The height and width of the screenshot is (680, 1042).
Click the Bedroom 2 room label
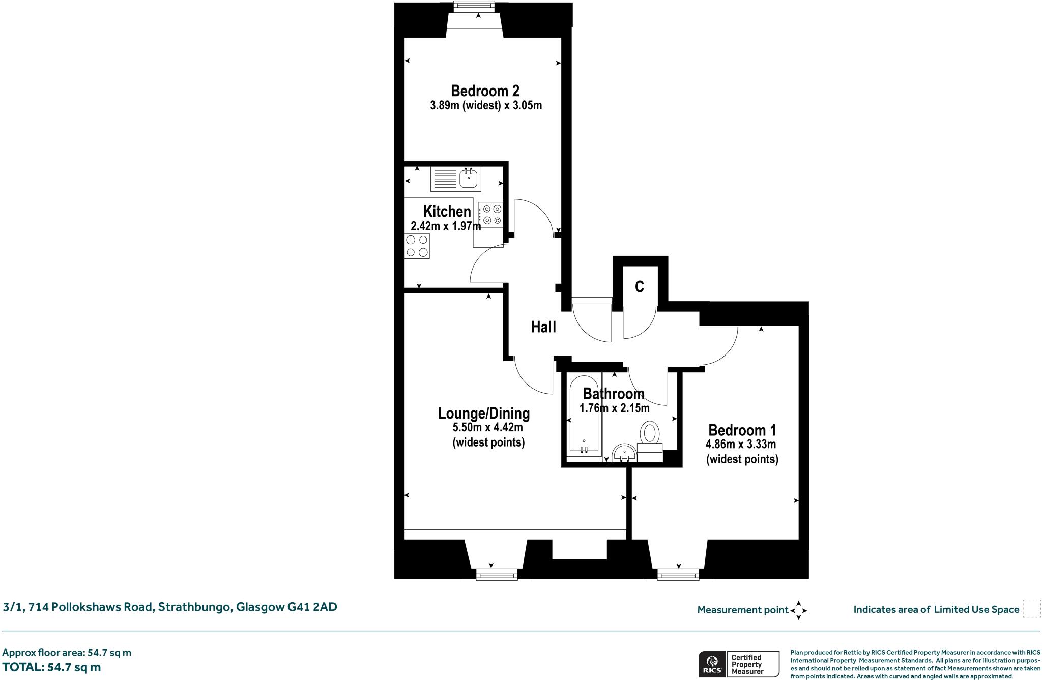pos(485,91)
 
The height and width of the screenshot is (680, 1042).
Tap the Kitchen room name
pos(447,211)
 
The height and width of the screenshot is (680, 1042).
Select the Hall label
pos(543,327)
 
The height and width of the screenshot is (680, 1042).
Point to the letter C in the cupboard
pos(640,287)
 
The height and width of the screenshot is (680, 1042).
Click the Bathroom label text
pos(614,394)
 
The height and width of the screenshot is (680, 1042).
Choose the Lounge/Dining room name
pos(484,413)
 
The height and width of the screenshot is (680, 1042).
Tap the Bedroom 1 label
pos(742,430)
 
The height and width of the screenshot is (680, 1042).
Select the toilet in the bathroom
pos(650,433)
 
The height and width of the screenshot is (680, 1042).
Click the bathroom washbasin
pos(624,453)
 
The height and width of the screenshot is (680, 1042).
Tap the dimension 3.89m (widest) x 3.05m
pos(486,106)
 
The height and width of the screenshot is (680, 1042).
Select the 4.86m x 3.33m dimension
pos(740,445)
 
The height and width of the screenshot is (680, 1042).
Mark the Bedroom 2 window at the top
pos(474,6)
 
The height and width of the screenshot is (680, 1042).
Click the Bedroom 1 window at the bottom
pos(678,575)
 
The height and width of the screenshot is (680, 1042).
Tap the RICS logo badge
pos(710,664)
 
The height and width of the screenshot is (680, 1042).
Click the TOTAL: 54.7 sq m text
pos(51,667)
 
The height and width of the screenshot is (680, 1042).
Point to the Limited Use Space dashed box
pos(1031,609)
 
